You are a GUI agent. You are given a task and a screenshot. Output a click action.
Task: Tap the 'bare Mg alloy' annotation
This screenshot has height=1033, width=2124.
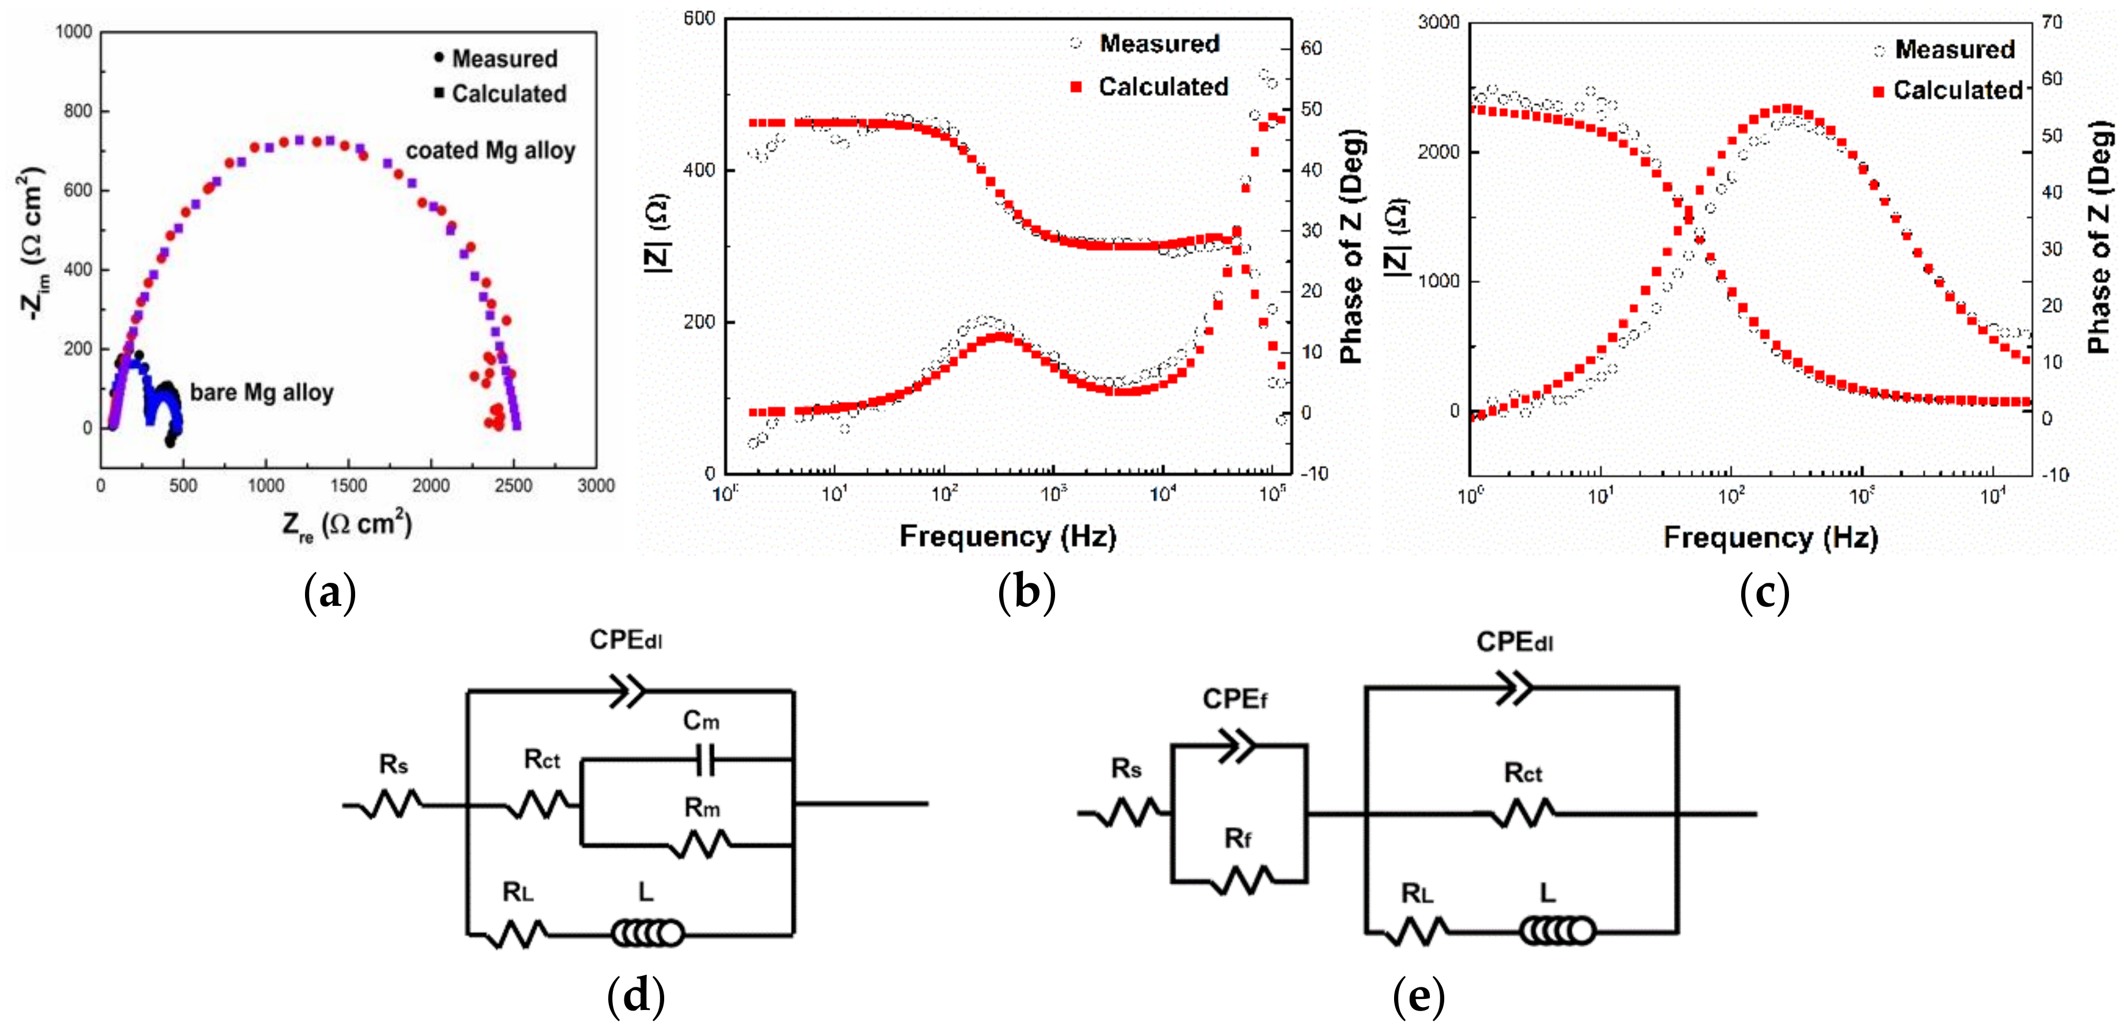(261, 393)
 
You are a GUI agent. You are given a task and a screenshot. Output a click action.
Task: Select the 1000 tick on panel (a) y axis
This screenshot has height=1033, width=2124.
(74, 32)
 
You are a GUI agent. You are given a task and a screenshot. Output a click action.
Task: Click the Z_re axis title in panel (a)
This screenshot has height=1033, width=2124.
(347, 525)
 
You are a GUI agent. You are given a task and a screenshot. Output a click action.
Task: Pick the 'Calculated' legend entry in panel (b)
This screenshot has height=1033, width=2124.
(1162, 86)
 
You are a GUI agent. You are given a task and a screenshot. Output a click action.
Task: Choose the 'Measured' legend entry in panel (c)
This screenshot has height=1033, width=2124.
(1954, 50)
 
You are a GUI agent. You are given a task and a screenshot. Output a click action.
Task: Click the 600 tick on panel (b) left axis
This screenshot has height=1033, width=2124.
(699, 18)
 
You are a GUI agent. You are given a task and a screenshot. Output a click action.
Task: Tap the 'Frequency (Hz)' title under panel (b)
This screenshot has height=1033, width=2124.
(1008, 537)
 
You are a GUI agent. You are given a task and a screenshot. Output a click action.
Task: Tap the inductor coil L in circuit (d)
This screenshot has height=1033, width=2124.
(647, 933)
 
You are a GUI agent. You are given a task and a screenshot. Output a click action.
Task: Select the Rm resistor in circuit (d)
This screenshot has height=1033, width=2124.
(702, 844)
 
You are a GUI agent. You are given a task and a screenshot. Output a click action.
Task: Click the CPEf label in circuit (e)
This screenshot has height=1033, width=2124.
(1234, 699)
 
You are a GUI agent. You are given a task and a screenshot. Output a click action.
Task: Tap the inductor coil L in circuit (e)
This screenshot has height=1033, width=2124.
(1557, 931)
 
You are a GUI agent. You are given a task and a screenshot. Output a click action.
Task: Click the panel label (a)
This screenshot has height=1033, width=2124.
(330, 592)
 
